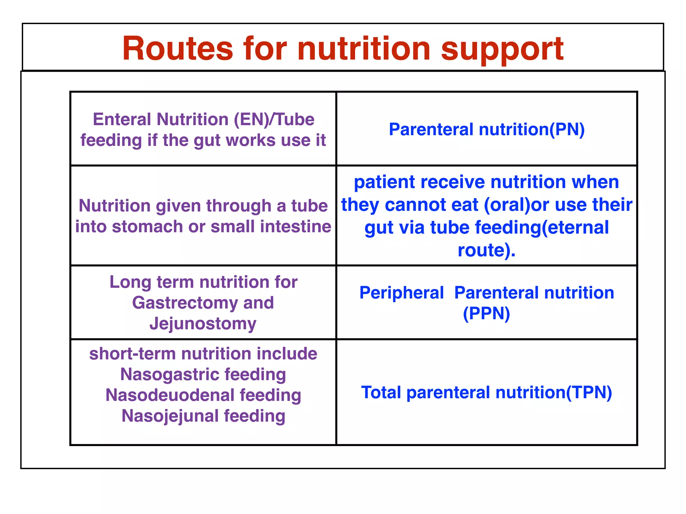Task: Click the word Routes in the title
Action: [178, 49]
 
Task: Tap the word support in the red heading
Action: [502, 50]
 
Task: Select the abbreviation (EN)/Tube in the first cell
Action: [274, 119]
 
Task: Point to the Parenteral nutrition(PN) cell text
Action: [486, 130]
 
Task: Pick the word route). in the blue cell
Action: [486, 250]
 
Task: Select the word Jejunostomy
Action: [203, 324]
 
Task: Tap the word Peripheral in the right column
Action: [401, 293]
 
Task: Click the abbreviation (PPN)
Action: [486, 314]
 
